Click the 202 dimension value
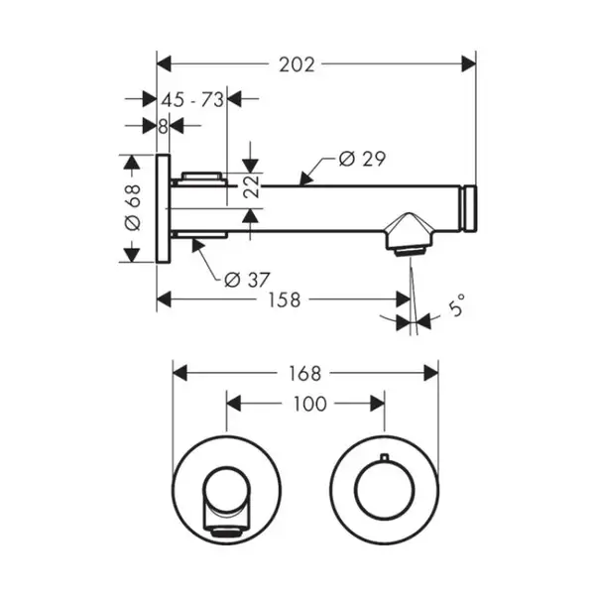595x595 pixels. pos(297,64)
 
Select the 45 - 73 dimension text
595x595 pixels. pos(192,100)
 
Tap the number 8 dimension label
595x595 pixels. pos(163,127)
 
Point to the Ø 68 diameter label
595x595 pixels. pos(133,207)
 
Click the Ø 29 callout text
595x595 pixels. pos(362,159)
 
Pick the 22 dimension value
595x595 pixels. pos(251,186)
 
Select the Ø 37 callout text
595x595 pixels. pos(247,280)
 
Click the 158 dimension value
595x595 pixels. pos(285,299)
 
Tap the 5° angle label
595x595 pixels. pos(456,304)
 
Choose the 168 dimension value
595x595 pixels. pos(304,374)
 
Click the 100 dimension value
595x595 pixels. pos(309,404)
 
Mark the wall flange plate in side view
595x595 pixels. pos(164,208)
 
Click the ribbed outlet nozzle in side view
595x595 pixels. pos(410,252)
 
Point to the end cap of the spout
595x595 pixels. pos(470,208)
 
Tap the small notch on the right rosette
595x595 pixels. pos(385,456)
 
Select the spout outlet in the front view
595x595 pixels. pos(226,532)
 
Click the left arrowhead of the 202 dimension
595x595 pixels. pos(164,63)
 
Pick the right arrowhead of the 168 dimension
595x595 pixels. pos(431,373)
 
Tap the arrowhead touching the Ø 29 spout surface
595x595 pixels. pos(306,178)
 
